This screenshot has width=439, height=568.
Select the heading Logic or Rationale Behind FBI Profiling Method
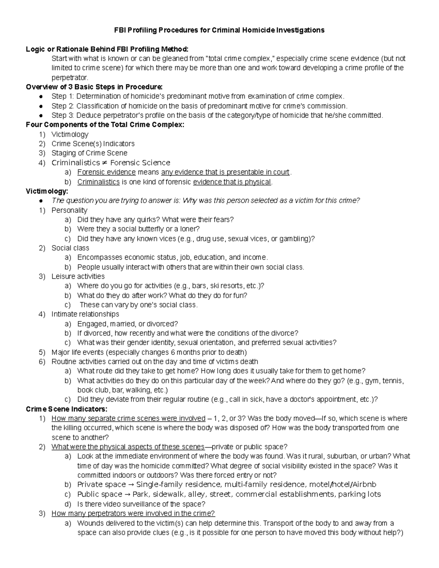click(107, 49)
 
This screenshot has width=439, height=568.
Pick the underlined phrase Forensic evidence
click(106, 172)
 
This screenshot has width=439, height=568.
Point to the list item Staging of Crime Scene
click(89, 153)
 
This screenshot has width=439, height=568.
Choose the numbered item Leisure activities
click(78, 277)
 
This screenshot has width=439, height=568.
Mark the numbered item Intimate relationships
click(85, 314)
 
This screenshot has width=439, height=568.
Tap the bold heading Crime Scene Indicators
click(67, 409)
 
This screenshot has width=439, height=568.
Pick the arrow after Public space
click(128, 494)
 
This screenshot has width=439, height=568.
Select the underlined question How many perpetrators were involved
click(133, 514)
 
